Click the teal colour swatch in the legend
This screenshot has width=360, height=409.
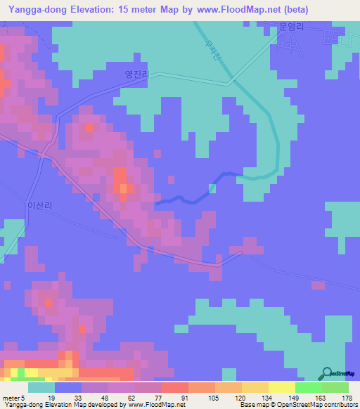[41, 387]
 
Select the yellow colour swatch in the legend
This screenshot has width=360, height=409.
[281, 387]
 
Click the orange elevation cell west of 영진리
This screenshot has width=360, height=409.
[89, 128]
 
